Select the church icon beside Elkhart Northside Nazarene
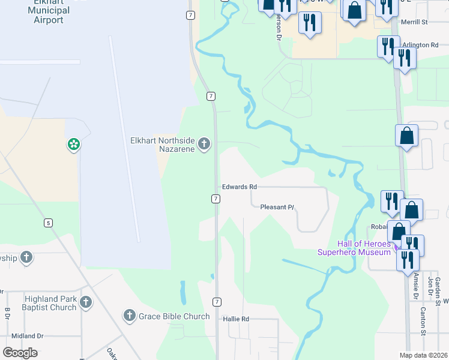point(204,144)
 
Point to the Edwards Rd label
point(240,187)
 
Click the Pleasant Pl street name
point(277,207)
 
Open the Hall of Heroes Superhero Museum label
point(355,248)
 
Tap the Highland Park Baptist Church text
point(50,303)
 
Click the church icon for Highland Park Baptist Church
point(86,302)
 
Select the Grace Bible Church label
point(174,316)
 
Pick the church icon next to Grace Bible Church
point(129,316)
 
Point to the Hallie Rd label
point(235,319)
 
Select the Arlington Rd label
point(421,45)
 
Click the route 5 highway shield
point(48,223)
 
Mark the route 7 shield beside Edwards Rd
point(215,198)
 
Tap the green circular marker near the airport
point(73,145)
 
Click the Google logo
point(20,353)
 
